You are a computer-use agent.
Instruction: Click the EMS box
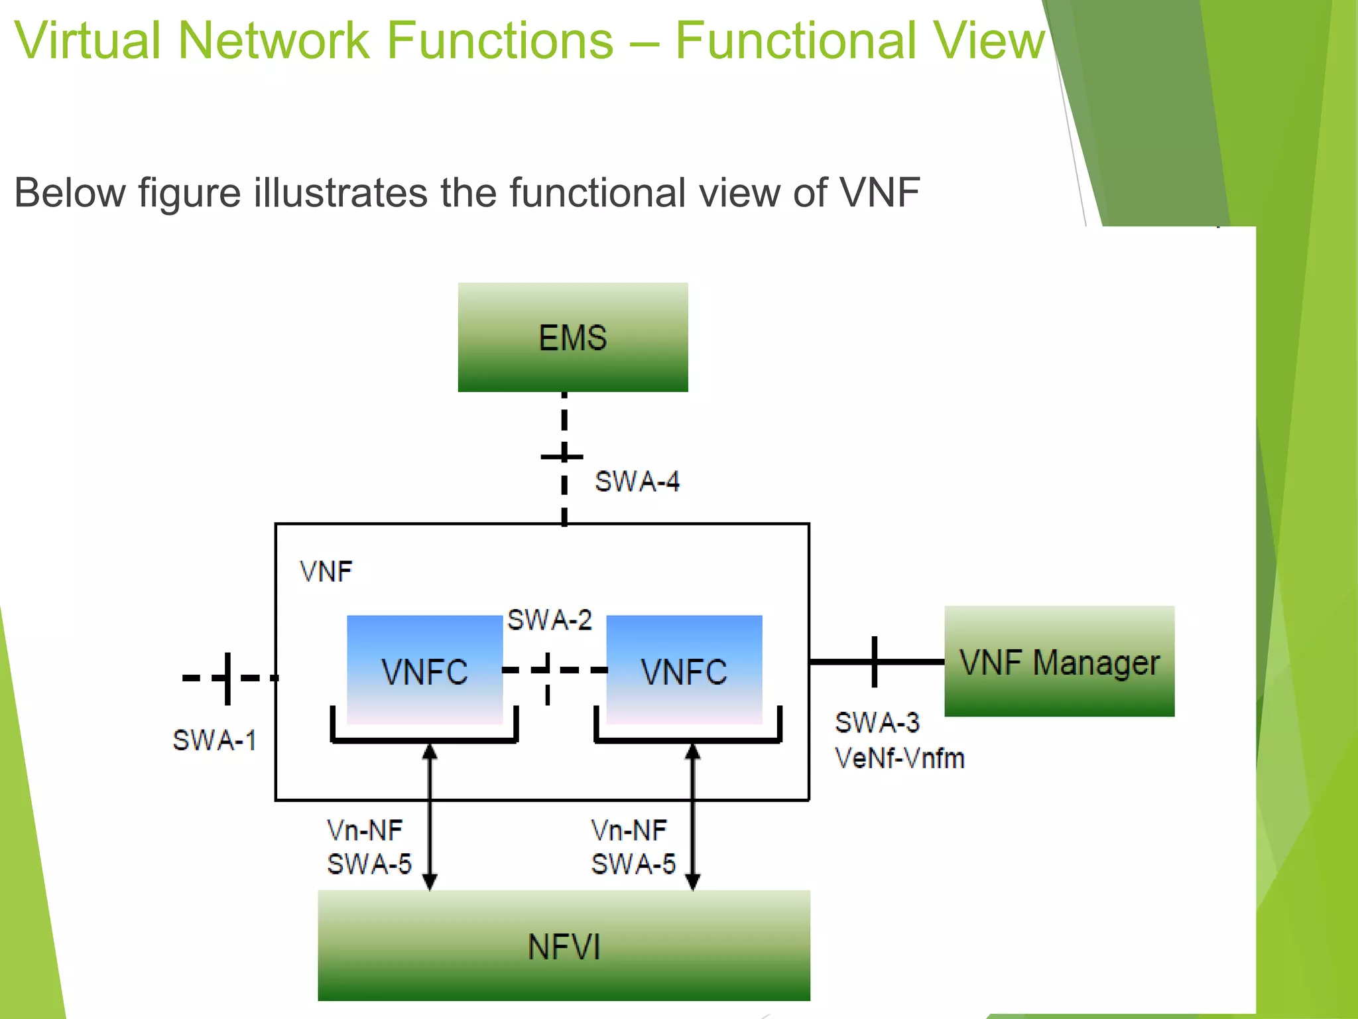(572, 337)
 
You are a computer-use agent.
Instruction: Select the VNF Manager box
(1059, 661)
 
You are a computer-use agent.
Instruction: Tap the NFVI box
(564, 945)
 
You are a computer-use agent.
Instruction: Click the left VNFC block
(424, 670)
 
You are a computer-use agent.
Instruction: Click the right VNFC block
(684, 670)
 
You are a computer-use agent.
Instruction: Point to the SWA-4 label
(637, 482)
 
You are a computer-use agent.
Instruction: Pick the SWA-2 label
(549, 620)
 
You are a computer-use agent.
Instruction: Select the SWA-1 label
(214, 740)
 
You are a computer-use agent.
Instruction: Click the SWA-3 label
(877, 722)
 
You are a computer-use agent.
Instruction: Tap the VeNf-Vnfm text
(899, 758)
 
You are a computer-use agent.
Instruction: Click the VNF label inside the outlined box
(326, 571)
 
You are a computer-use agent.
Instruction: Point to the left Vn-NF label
(365, 830)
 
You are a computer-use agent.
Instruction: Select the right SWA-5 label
(633, 864)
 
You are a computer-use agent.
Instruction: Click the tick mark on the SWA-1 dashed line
(227, 678)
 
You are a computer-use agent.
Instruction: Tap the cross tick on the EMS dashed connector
(563, 456)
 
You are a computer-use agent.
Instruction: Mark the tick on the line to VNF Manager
(874, 661)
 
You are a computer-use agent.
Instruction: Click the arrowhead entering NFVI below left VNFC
(430, 882)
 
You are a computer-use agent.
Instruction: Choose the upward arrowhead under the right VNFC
(692, 752)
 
